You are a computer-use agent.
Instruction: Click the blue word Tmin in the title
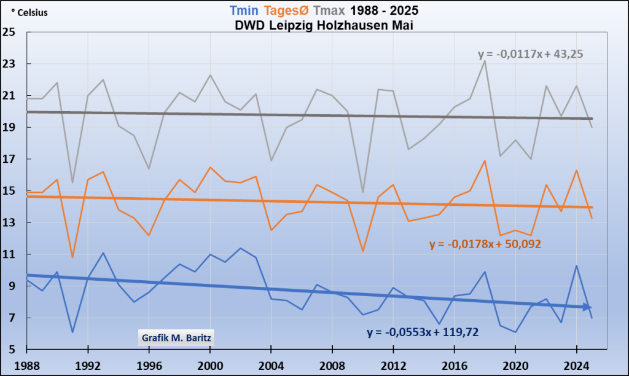[244, 10]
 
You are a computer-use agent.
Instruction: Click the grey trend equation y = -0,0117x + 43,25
[530, 54]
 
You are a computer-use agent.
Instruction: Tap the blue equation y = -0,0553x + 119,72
[423, 332]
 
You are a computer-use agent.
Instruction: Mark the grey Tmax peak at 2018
[485, 61]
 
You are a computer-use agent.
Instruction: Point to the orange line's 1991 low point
[72, 257]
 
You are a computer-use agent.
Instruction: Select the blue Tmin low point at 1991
[72, 332]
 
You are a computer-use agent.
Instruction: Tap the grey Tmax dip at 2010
[362, 193]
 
